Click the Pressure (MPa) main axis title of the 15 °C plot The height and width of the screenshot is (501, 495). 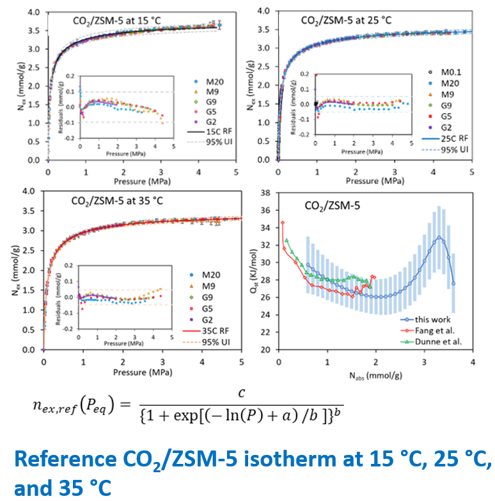tap(142, 181)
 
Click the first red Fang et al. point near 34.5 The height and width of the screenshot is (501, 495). tap(283, 223)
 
